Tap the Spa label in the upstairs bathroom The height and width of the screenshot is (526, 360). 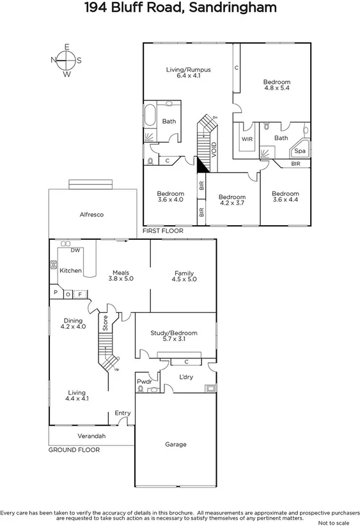coord(300,151)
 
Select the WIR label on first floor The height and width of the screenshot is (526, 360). coord(246,138)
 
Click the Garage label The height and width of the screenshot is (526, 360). coord(176,444)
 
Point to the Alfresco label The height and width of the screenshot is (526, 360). coord(91,215)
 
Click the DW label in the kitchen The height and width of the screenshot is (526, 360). coord(75,250)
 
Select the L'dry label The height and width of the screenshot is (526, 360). coord(185,377)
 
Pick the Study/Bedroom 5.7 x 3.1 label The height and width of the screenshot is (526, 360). coord(174,337)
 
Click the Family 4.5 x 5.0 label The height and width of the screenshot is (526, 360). coord(184,276)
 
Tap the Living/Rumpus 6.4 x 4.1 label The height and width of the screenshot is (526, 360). coord(188,72)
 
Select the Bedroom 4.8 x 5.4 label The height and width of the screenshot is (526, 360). coord(277,85)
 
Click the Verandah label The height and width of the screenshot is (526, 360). coord(91,436)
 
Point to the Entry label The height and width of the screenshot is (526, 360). coord(122,413)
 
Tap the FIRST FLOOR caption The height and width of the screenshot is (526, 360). coord(162,230)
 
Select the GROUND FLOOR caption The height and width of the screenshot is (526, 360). coord(74,450)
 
